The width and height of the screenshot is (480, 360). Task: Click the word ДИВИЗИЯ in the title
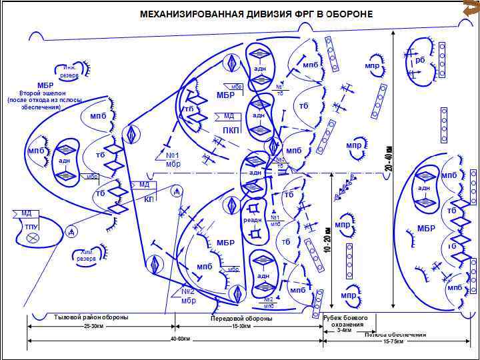tap(265, 13)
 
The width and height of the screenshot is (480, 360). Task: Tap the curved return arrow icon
tap(469, 8)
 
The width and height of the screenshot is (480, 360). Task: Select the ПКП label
tap(231, 129)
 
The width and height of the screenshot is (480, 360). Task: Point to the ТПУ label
tap(31, 227)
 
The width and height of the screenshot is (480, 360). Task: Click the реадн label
tap(253, 219)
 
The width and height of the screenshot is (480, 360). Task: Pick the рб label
tap(419, 60)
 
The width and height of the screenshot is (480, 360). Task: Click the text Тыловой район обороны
tap(91, 317)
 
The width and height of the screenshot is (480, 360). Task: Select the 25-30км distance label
tap(94, 327)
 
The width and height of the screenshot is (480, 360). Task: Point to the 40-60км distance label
tap(180, 339)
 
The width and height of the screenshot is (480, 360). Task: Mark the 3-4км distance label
tap(345, 330)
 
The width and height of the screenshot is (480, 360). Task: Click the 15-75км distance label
tap(393, 341)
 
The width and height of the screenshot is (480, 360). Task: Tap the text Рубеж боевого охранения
tap(345, 321)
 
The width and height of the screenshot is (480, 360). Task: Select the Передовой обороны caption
tap(241, 319)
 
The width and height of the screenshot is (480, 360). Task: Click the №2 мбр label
tap(188, 295)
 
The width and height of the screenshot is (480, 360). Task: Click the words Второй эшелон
tap(40, 93)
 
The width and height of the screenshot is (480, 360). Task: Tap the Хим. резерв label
tap(87, 255)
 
